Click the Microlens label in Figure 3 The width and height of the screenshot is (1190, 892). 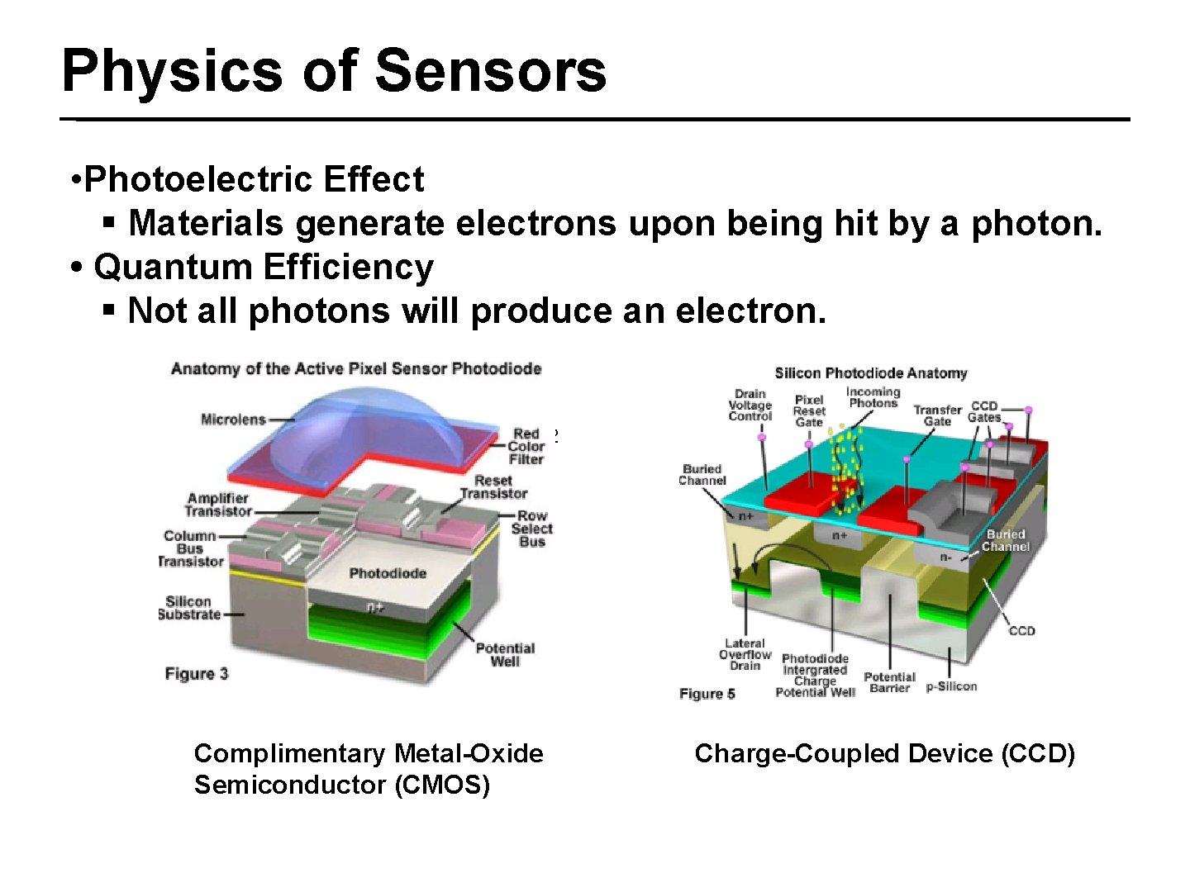pyautogui.click(x=233, y=420)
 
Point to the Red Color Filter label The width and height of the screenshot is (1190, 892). pyautogui.click(x=526, y=446)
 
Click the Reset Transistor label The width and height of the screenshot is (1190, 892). pyautogui.click(x=493, y=487)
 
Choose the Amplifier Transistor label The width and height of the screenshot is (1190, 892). pyautogui.click(x=218, y=505)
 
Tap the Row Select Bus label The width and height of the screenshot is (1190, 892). pyautogui.click(x=531, y=529)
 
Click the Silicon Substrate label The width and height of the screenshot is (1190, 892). pyautogui.click(x=189, y=608)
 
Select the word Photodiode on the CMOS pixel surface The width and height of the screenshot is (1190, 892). pyautogui.click(x=388, y=573)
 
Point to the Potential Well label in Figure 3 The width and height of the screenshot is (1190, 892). pyautogui.click(x=505, y=655)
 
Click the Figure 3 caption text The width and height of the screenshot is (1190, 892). pyautogui.click(x=197, y=674)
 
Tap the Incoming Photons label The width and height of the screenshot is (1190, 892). pyautogui.click(x=873, y=397)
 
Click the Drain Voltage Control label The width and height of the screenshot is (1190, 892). pyautogui.click(x=750, y=405)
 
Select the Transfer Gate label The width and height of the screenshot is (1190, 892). pyautogui.click(x=937, y=415)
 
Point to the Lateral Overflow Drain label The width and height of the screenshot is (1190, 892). pyautogui.click(x=745, y=655)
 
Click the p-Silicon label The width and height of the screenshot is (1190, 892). pyautogui.click(x=951, y=686)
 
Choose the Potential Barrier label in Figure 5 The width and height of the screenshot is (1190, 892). pyautogui.click(x=889, y=682)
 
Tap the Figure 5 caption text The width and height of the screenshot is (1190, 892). pyautogui.click(x=707, y=694)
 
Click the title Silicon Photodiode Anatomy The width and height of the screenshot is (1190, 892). pyautogui.click(x=870, y=373)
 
